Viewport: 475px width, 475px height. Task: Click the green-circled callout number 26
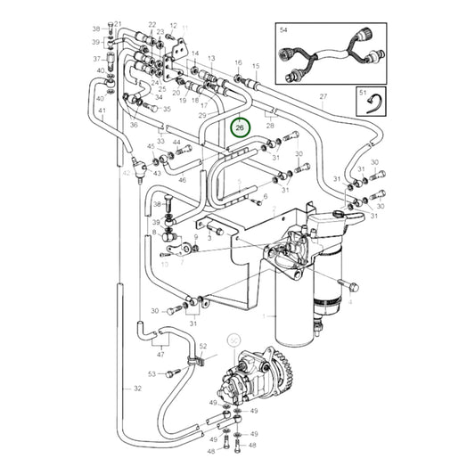tap(238, 128)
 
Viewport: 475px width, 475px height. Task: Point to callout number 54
tap(284, 30)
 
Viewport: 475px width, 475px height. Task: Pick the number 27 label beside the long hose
tap(323, 96)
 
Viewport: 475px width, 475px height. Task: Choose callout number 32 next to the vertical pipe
tap(136, 389)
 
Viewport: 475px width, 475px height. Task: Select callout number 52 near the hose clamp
tap(203, 346)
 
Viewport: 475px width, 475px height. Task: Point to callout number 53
tap(152, 374)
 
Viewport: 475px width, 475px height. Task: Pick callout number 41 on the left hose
tap(102, 111)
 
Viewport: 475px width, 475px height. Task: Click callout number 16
tap(238, 63)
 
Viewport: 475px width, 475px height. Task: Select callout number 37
tap(98, 59)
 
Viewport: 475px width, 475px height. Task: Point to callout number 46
tap(182, 180)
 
